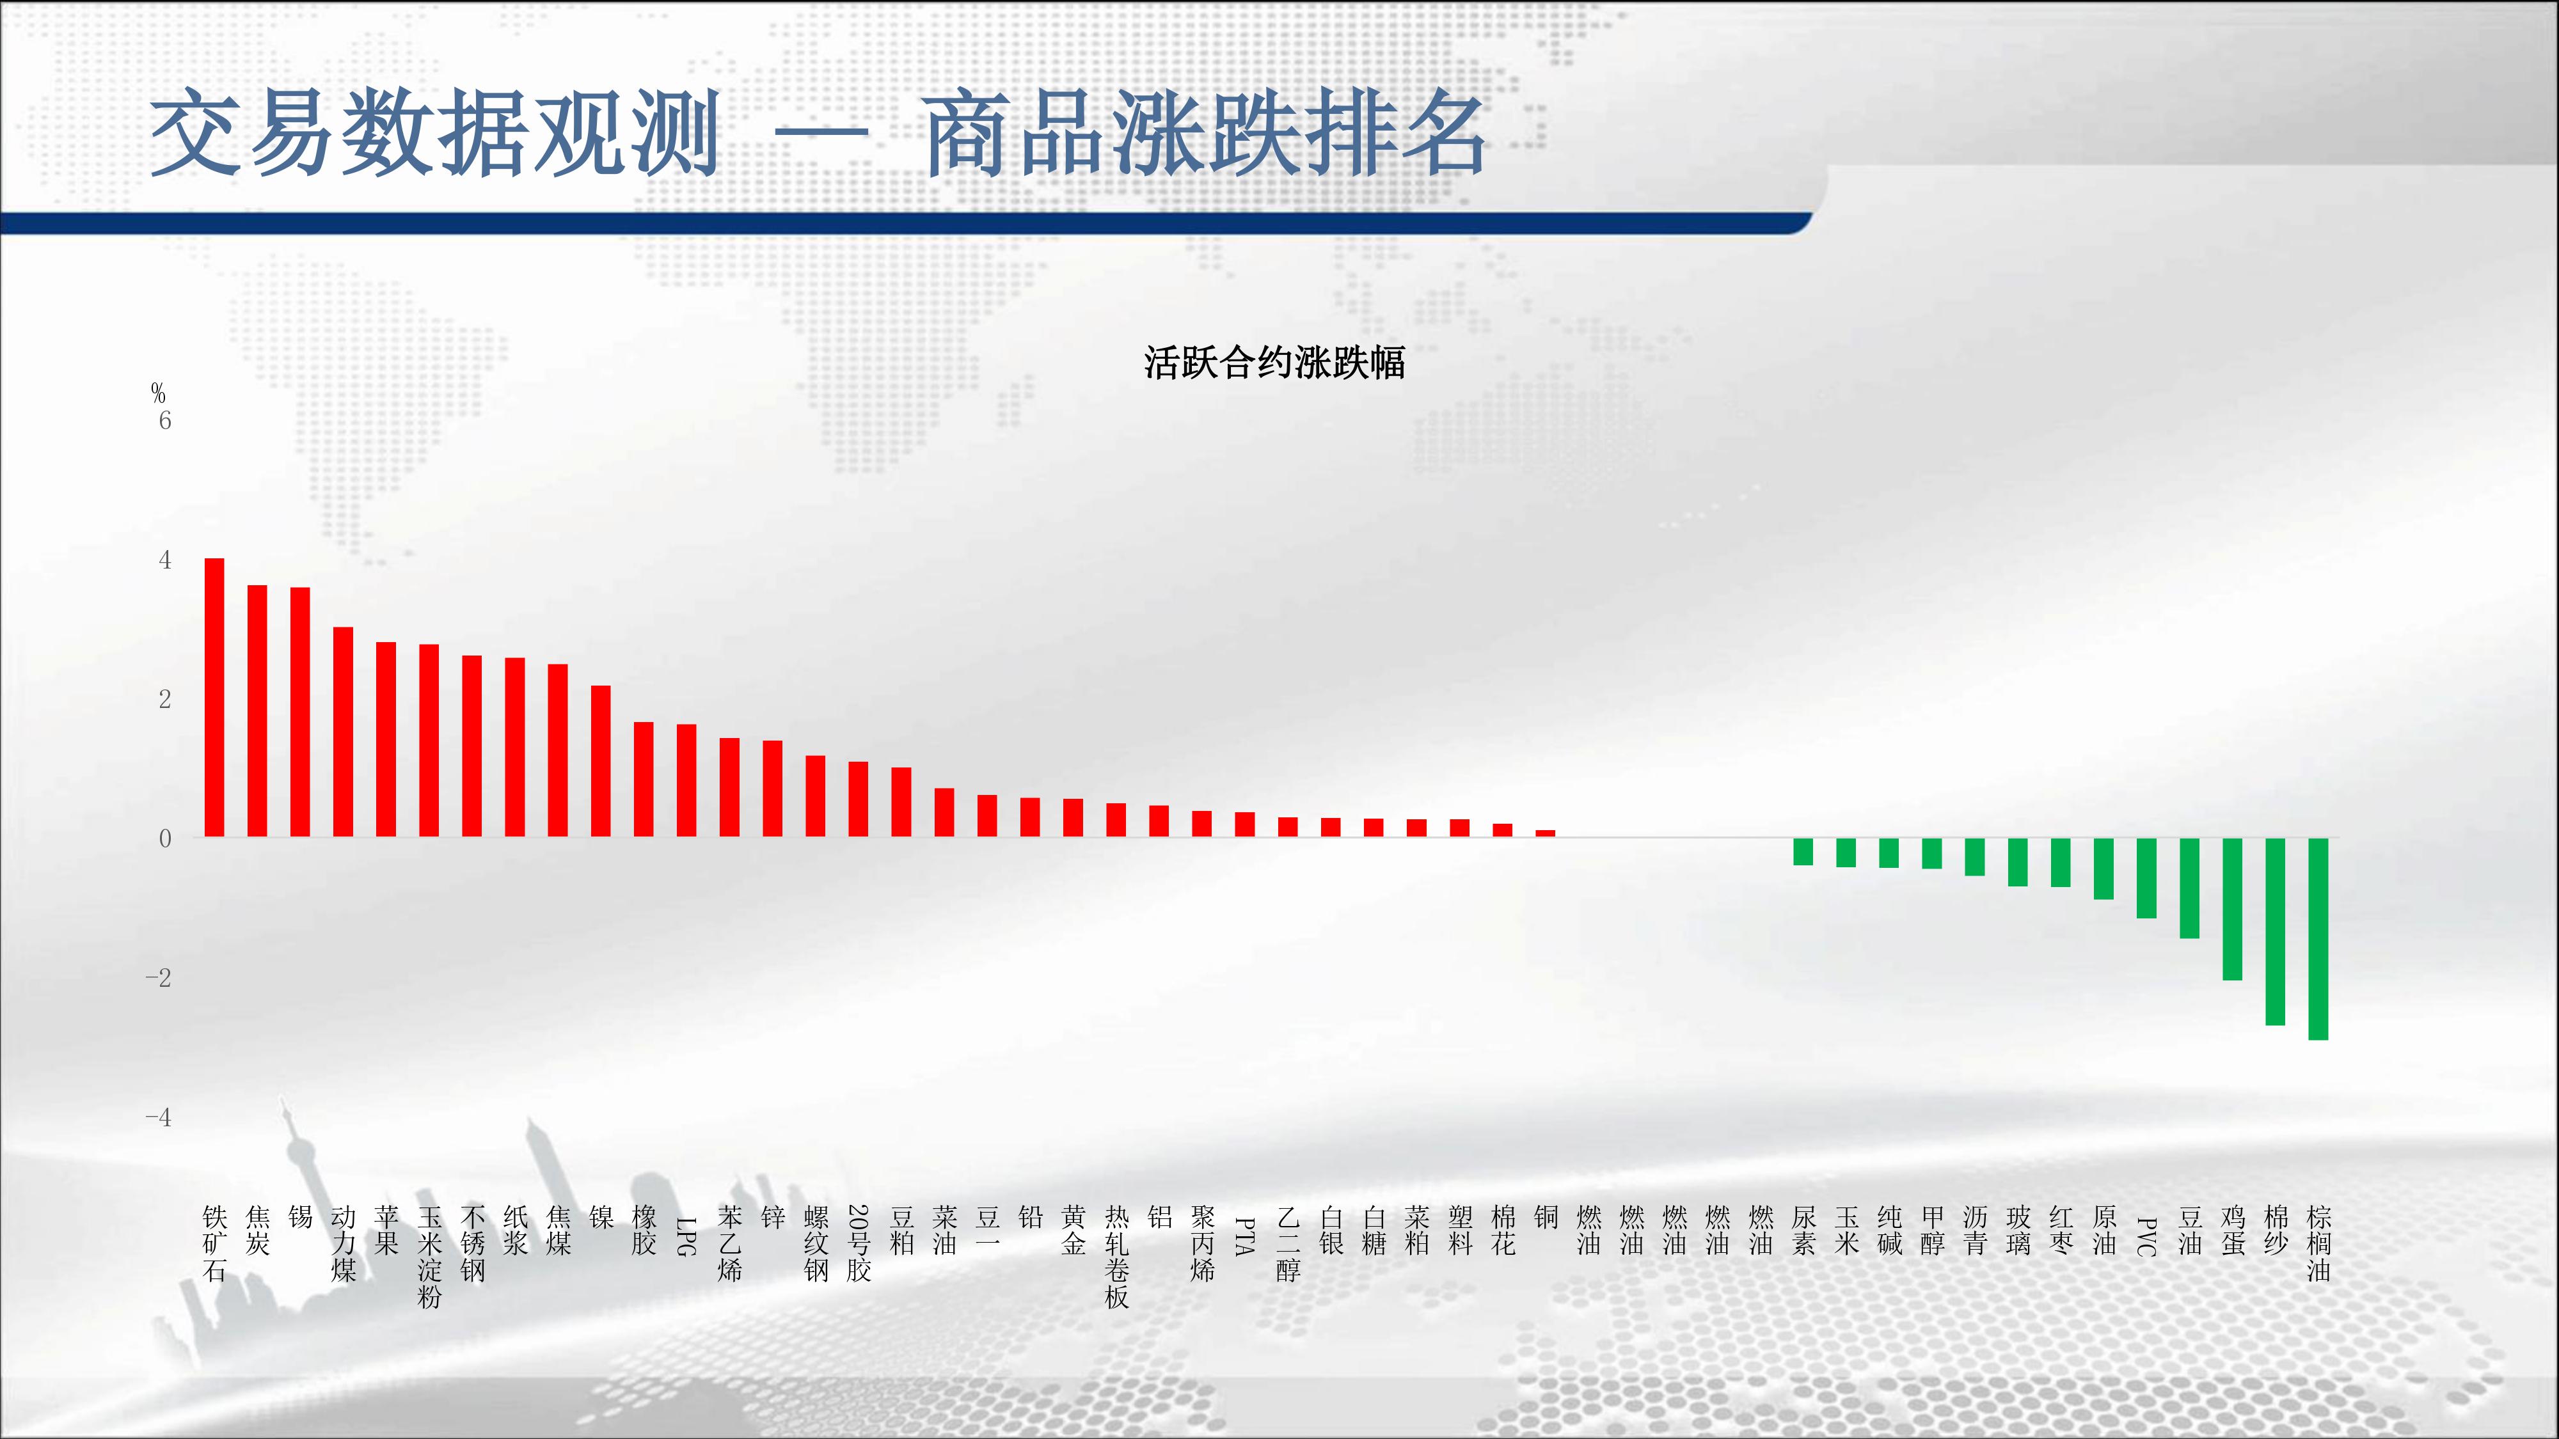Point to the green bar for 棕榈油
[2318, 938]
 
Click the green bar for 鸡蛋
[2232, 909]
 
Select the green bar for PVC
[2147, 878]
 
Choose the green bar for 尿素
[1803, 852]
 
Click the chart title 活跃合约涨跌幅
[1274, 363]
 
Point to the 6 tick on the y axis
[165, 421]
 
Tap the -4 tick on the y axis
[158, 1117]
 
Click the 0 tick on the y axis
[165, 838]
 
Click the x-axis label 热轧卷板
[1116, 1256]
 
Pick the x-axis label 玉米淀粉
[429, 1256]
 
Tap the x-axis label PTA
[1245, 1236]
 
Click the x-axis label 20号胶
[859, 1243]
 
